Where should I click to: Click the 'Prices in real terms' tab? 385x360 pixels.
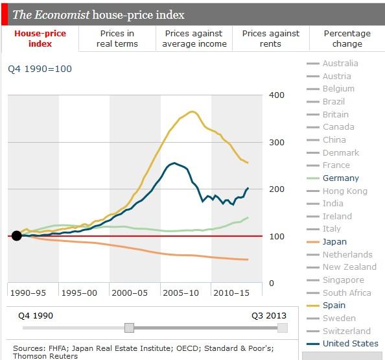[x=117, y=38]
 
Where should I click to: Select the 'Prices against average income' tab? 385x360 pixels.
[x=194, y=38]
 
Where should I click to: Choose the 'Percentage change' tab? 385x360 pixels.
[x=347, y=38]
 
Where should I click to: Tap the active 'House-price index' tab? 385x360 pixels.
[x=40, y=38]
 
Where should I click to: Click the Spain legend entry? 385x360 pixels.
[x=334, y=305]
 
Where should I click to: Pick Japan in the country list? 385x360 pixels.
[x=334, y=241]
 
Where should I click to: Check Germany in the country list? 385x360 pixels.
[x=340, y=178]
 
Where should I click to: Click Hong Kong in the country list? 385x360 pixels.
[x=345, y=191]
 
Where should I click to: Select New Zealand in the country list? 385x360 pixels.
[x=349, y=267]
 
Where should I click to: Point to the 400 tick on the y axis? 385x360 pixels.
[x=277, y=95]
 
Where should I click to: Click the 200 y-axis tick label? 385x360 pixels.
[x=277, y=189]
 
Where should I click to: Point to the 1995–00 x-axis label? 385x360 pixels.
[x=84, y=293]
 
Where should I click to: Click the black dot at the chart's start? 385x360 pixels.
[x=17, y=235]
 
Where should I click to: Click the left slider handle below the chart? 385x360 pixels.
[x=130, y=328]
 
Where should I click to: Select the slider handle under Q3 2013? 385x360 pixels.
[x=282, y=328]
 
